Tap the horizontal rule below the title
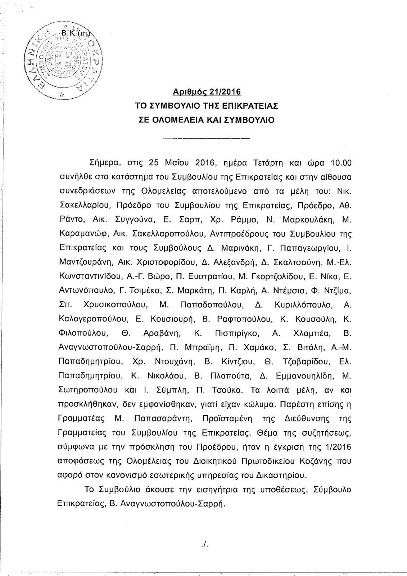tap(206, 138)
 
